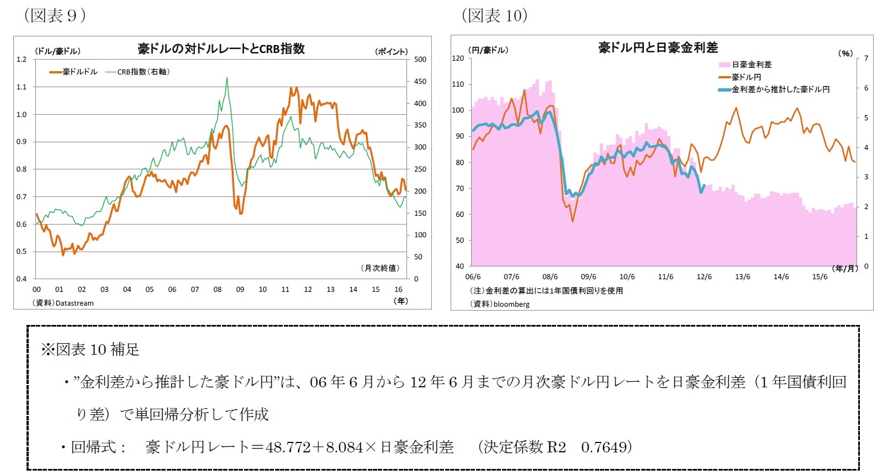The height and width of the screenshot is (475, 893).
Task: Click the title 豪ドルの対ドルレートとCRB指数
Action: [221, 49]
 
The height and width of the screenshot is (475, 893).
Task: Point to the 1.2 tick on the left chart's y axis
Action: [22, 60]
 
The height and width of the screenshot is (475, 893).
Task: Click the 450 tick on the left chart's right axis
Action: [420, 82]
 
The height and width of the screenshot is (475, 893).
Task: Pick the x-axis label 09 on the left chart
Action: [240, 289]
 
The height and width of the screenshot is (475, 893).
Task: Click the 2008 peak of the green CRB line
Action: [226, 79]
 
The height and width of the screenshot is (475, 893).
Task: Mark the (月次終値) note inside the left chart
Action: [379, 268]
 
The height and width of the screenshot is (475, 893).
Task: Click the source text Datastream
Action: [75, 303]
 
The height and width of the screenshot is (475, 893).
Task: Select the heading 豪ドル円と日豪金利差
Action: [658, 47]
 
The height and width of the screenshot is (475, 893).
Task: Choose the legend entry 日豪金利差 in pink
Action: [751, 65]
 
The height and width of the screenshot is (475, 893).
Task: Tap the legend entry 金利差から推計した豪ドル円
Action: [780, 89]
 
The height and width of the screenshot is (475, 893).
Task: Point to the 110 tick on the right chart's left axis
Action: [458, 84]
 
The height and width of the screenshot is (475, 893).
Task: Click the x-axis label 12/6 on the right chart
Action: [704, 277]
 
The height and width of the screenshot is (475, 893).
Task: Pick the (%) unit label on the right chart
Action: [846, 53]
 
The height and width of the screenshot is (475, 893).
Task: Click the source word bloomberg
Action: [511, 304]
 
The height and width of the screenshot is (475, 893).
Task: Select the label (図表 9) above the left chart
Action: [55, 15]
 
